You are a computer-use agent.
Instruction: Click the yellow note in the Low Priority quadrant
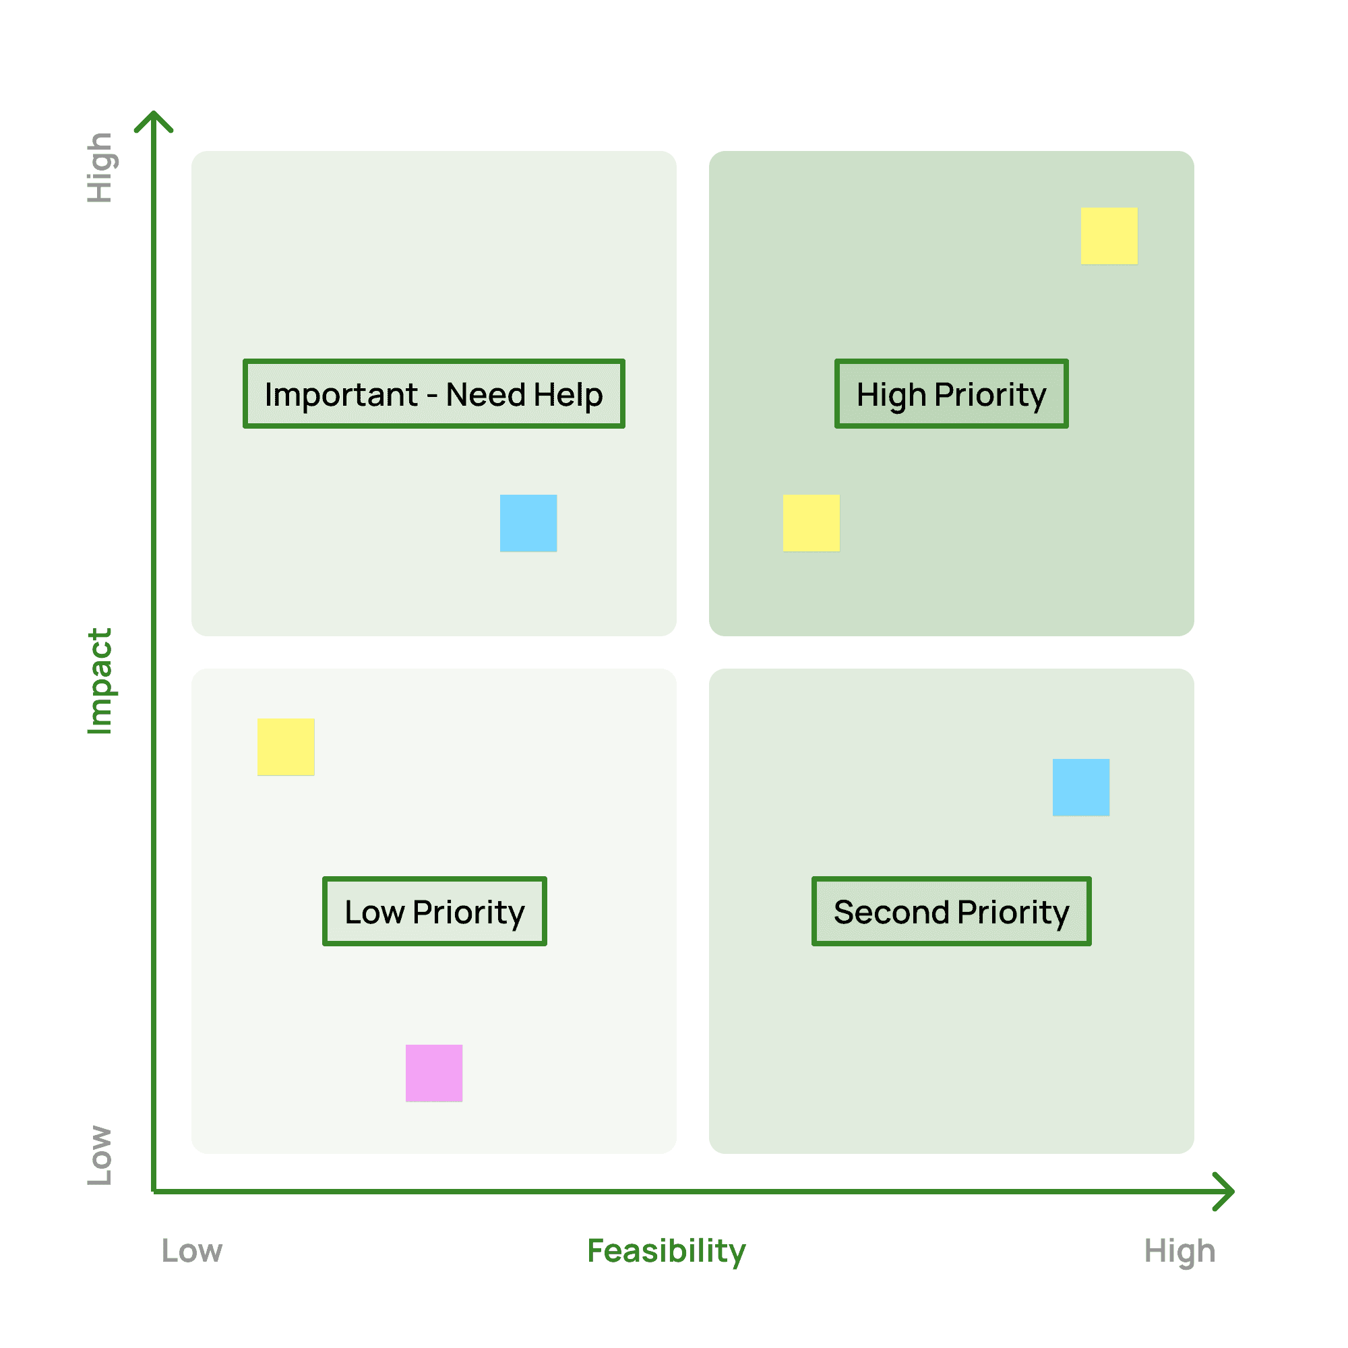(285, 747)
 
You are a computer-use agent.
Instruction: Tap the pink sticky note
(434, 1072)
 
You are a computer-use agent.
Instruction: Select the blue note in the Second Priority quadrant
(1081, 787)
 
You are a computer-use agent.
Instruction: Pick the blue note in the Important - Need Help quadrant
(528, 522)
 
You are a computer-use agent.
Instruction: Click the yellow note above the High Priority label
(1109, 236)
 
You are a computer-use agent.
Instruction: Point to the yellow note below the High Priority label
(811, 522)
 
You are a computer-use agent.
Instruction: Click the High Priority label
(951, 394)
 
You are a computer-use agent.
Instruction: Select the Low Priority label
(434, 912)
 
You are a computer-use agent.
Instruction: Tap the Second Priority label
(951, 912)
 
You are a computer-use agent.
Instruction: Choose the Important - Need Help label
(433, 394)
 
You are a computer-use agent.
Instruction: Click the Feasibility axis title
(667, 1250)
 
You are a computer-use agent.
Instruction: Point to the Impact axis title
(100, 681)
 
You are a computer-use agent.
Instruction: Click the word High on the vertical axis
(100, 167)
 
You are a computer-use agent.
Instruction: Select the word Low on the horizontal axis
(192, 1250)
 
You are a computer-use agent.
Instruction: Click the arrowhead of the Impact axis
(154, 120)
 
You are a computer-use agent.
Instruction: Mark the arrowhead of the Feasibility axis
(1225, 1191)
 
